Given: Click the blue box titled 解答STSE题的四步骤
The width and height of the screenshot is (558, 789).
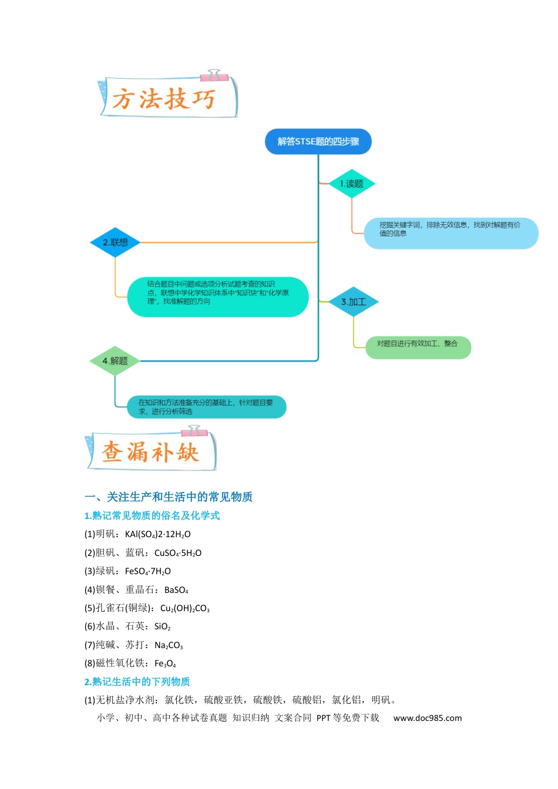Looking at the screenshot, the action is coord(318,141).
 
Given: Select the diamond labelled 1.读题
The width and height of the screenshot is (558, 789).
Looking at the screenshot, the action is coord(351,184).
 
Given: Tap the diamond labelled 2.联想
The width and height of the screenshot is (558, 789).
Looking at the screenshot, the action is coord(115,242).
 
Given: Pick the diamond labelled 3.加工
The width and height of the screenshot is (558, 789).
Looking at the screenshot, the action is coord(354,302).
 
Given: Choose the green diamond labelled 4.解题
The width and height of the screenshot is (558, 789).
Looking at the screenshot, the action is coord(115,360).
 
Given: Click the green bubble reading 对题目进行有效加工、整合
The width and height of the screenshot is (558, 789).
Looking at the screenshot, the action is coord(418,348).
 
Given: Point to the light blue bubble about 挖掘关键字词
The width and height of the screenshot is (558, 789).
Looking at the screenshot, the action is coord(451,233).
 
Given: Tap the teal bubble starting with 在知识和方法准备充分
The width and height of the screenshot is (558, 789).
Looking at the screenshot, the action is coord(206,407).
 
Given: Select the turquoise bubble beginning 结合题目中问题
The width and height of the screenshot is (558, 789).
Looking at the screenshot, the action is coord(217,296).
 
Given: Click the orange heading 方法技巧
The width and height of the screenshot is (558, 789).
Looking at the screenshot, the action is coord(164,99).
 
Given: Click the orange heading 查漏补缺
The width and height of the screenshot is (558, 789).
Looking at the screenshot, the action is coord(150,451).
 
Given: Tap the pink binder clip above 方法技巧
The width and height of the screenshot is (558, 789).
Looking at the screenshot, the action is coord(214,76).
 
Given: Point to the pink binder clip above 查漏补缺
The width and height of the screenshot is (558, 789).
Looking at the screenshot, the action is coord(194,431).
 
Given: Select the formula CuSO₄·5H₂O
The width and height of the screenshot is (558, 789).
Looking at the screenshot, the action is coord(177,552).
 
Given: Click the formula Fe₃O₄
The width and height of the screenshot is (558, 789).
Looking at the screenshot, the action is coord(165,663).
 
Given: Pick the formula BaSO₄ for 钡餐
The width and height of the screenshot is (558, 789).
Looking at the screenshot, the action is coord(176,589).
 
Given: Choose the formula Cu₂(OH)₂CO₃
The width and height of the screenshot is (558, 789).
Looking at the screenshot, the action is coord(184,608).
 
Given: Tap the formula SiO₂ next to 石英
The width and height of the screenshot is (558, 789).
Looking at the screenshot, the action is coord(162,626).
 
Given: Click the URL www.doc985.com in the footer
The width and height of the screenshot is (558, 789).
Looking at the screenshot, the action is coord(427,718).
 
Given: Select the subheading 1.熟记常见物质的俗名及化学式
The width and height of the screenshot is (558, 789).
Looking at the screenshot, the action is coord(152,515).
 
